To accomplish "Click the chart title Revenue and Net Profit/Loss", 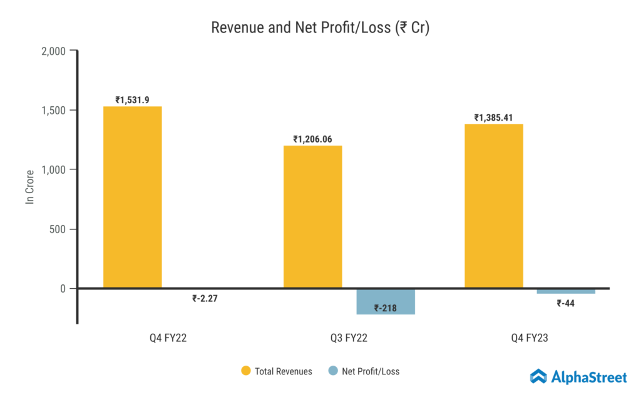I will point(320,28).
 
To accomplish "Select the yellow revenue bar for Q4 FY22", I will point(133,197).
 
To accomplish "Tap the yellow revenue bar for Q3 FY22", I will point(313,217).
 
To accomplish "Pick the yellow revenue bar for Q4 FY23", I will point(494,206).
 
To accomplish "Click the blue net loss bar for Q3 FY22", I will point(386,301).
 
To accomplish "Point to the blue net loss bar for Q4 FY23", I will point(566,291).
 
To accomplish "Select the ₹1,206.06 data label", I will point(314,139).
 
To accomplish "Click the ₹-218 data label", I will point(386,307).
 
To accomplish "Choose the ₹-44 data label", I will point(566,304).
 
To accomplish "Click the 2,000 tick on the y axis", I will point(53,51).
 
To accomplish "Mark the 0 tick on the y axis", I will point(63,289).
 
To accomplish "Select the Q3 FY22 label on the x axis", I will point(349,338).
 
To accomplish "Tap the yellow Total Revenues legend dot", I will point(246,371).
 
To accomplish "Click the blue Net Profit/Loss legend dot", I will point(332,371).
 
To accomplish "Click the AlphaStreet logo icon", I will point(538,376).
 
